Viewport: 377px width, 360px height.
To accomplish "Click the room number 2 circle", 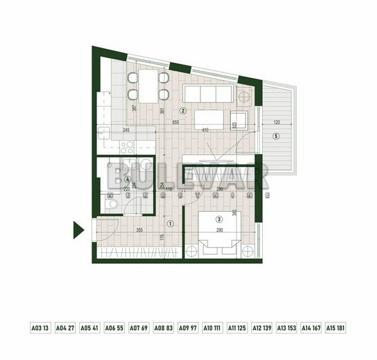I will tap(183, 110).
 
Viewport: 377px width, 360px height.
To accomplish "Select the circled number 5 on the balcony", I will tap(275, 136).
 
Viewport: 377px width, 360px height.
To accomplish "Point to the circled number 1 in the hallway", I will tap(170, 224).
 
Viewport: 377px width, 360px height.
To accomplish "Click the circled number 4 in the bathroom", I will tap(128, 180).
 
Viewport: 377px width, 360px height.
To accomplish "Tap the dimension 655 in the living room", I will tap(175, 123).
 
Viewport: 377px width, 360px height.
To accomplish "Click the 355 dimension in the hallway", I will tap(138, 229).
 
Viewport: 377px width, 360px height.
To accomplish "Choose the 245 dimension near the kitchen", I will tap(126, 131).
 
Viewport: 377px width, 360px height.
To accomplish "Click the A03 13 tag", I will tap(40, 328).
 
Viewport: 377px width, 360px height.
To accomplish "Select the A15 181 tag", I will tap(336, 328).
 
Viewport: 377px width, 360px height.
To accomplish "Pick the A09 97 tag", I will tap(188, 328).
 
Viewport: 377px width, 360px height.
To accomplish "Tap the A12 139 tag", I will tap(262, 328).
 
